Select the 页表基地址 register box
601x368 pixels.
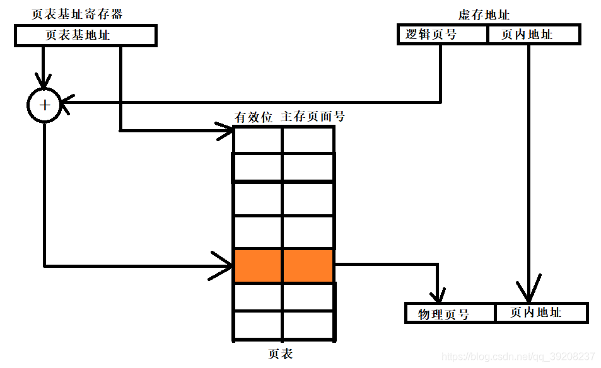pos(85,35)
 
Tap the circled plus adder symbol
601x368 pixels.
pos(44,105)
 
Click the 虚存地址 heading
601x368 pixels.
pos(483,15)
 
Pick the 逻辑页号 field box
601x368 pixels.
pos(443,35)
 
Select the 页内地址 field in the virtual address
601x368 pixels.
pos(534,35)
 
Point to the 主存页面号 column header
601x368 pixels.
pos(312,117)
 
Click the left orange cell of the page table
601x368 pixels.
pos(258,265)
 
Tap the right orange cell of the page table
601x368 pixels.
pos(308,265)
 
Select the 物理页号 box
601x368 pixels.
pos(449,313)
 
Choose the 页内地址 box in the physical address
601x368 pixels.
pos(541,313)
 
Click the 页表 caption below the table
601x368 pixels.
pos(280,354)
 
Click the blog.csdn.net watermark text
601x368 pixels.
pos(518,357)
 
